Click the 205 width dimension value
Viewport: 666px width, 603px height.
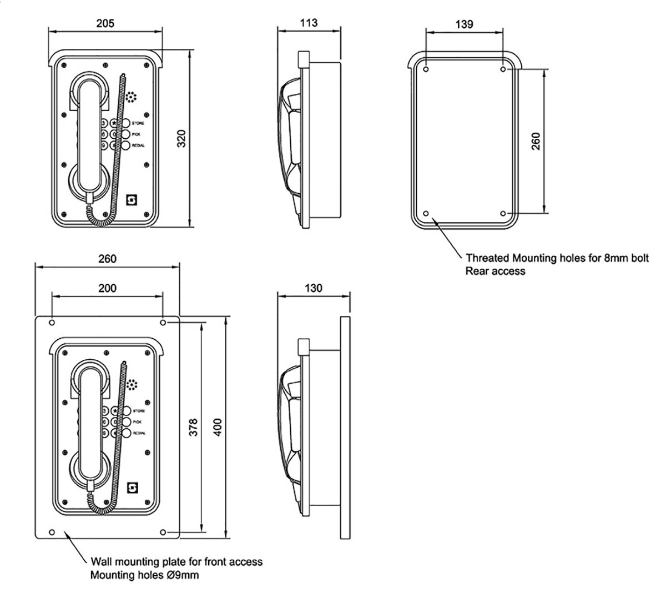[105, 23]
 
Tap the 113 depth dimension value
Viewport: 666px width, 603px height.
[308, 23]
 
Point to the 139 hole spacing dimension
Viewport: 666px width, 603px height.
[464, 24]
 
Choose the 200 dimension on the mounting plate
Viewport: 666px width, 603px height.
[107, 288]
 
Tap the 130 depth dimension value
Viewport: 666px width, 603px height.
[314, 288]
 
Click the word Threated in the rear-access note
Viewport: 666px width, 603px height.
[487, 258]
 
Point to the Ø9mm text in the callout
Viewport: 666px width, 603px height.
[184, 576]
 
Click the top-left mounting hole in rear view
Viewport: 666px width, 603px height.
[426, 70]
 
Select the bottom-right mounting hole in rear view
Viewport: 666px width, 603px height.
[503, 214]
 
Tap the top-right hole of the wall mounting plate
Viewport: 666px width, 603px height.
[163, 323]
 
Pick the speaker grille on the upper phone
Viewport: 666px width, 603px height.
[131, 98]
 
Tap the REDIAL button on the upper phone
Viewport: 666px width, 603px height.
[125, 145]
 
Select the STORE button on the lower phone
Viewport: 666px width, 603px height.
[125, 411]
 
